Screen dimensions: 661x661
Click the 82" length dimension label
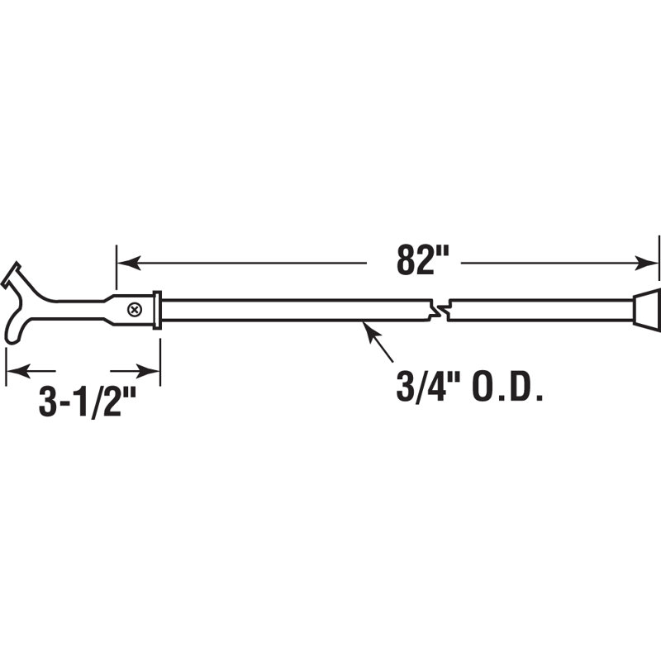414,262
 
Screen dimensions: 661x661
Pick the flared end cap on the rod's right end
647,309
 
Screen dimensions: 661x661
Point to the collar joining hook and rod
157,310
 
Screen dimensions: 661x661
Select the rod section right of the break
537,310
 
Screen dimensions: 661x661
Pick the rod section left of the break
289,310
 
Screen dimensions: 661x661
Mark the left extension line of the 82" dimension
117,269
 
